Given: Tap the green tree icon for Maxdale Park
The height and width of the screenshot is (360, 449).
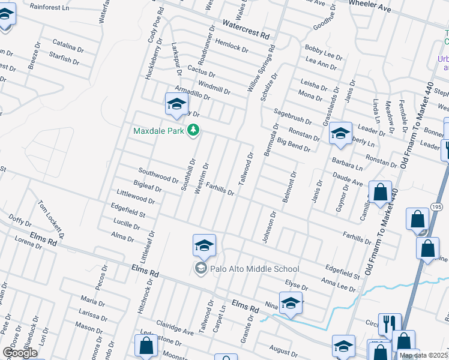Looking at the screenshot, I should [193, 130].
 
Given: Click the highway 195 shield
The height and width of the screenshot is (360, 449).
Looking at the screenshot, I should [436, 207].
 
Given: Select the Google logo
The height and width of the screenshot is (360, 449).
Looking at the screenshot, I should [20, 353].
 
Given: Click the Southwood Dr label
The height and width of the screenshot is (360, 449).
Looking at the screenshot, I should [158, 175].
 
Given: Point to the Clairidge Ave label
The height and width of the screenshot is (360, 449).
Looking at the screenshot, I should [175, 328].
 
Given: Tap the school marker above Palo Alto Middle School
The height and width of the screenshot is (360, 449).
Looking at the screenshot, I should [204, 245].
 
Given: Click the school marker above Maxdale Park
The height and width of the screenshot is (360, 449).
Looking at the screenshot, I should [176, 104].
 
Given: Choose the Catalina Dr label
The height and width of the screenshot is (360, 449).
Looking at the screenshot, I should [68, 46].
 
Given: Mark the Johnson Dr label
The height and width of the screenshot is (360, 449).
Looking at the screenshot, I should [268, 226].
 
